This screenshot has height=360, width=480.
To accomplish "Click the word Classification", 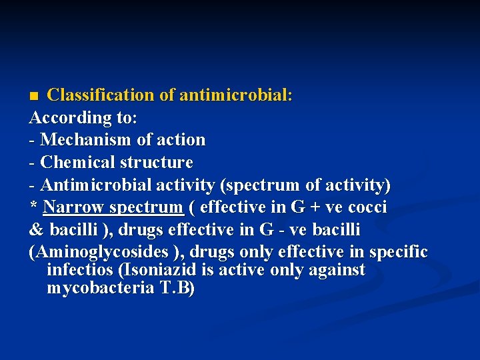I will click(101, 95).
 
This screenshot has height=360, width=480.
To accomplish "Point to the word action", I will click(181, 140).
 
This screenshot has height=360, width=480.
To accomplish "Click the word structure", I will click(157, 163).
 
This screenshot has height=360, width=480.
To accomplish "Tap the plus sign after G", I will click(313, 207).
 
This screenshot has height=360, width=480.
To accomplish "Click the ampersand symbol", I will click(36, 230).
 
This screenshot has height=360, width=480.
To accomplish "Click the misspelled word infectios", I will click(79, 270).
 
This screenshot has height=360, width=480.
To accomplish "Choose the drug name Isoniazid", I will click(153, 270).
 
